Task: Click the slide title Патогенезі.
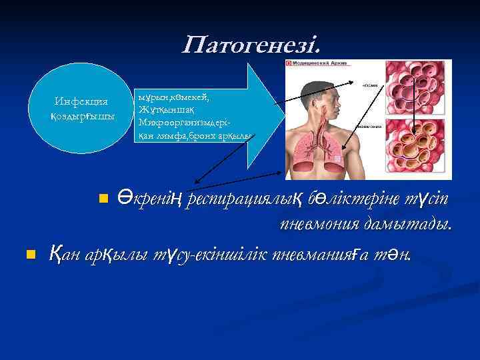tap(251, 45)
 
